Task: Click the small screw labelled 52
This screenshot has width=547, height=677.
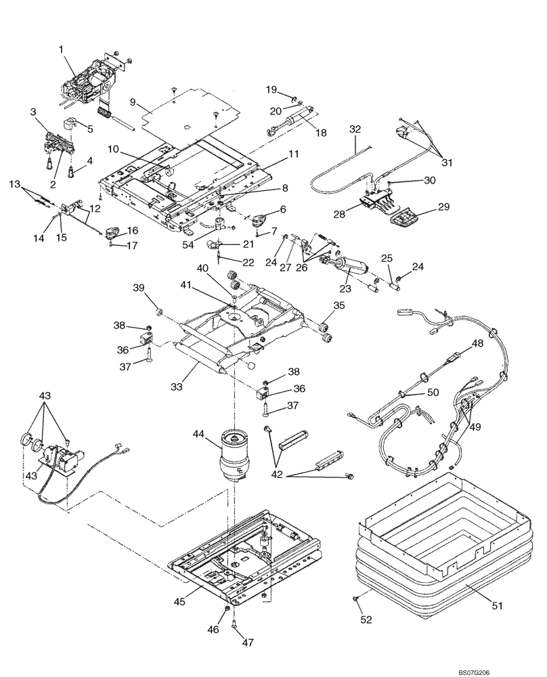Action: [x=355, y=599]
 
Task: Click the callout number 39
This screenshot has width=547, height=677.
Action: [x=139, y=288]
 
